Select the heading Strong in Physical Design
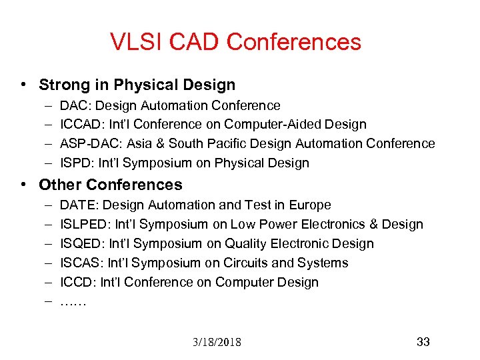[137, 85]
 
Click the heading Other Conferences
[110, 185]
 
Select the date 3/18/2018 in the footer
[217, 343]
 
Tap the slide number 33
[423, 342]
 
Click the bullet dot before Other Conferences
[23, 185]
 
